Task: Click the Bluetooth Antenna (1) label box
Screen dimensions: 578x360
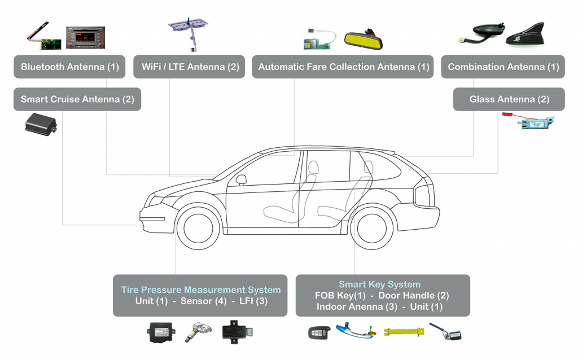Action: click(x=69, y=67)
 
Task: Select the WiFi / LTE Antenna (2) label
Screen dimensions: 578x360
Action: click(x=189, y=67)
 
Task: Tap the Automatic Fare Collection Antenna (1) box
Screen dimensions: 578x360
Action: click(x=343, y=67)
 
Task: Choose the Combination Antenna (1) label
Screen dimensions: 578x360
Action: click(x=503, y=67)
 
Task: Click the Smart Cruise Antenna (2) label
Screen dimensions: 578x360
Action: click(x=77, y=99)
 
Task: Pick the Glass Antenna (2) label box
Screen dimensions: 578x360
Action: click(x=509, y=99)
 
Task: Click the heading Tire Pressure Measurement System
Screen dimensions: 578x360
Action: click(x=201, y=290)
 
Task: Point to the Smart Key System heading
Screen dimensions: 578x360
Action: click(x=380, y=284)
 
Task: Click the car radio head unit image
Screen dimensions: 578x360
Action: click(x=86, y=38)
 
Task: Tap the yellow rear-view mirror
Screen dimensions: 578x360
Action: click(x=364, y=41)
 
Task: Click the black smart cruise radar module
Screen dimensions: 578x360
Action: click(x=41, y=124)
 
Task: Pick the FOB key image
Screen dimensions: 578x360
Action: click(x=318, y=333)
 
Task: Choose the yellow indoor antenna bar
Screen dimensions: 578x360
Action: click(x=404, y=332)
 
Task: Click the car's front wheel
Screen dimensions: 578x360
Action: click(x=198, y=229)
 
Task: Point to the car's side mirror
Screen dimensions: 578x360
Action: click(x=241, y=180)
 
